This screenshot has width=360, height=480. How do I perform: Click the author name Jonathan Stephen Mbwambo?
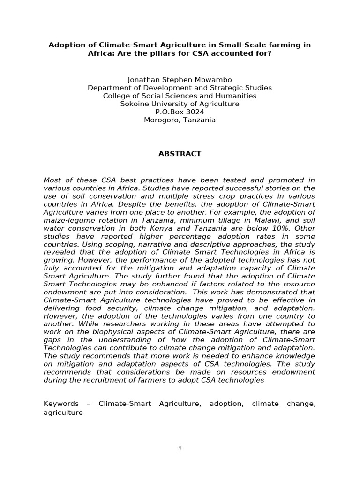(180, 80)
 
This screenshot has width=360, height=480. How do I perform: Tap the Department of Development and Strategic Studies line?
(180, 88)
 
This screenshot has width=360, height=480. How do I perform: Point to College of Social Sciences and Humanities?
(180, 96)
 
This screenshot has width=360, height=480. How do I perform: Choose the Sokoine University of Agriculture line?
(180, 104)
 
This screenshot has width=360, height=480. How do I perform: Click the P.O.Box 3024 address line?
(180, 112)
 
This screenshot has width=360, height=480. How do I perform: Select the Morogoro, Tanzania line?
(180, 120)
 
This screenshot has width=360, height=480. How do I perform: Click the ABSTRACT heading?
(180, 154)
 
